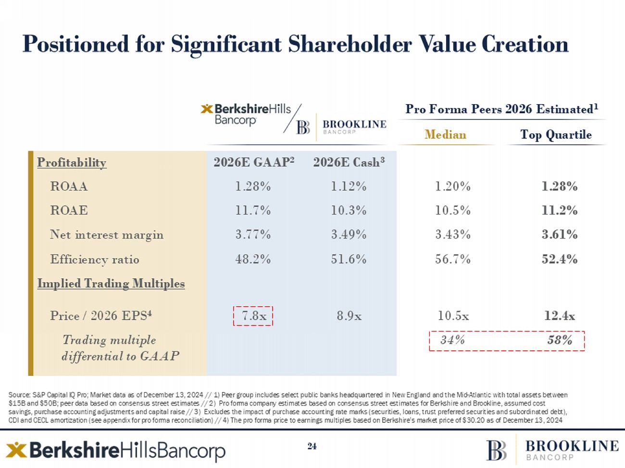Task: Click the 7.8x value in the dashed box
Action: pyautogui.click(x=253, y=316)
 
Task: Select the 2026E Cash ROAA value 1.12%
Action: pyautogui.click(x=349, y=186)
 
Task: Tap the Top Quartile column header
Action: pyautogui.click(x=556, y=135)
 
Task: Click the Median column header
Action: pyautogui.click(x=445, y=135)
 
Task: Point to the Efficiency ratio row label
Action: pyautogui.click(x=95, y=259)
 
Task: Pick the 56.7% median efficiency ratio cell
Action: pyautogui.click(x=452, y=259)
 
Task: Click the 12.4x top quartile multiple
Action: pyautogui.click(x=559, y=316)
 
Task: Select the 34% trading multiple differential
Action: pyautogui.click(x=452, y=340)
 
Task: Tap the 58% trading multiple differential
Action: pyautogui.click(x=560, y=340)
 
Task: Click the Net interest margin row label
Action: pyautogui.click(x=107, y=235)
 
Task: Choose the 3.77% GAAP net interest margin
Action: pyautogui.click(x=253, y=235)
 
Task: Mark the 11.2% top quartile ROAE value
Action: pyautogui.click(x=559, y=210)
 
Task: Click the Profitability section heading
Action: pyautogui.click(x=72, y=163)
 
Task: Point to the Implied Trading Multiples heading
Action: pyautogui.click(x=111, y=284)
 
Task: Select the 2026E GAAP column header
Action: pyautogui.click(x=254, y=162)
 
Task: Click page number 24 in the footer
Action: pyautogui.click(x=312, y=446)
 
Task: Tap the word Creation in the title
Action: pyautogui.click(x=525, y=44)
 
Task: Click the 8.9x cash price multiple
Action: pyautogui.click(x=349, y=316)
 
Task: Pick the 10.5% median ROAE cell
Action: pyautogui.click(x=452, y=210)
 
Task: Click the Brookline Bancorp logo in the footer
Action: pyautogui.click(x=552, y=450)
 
